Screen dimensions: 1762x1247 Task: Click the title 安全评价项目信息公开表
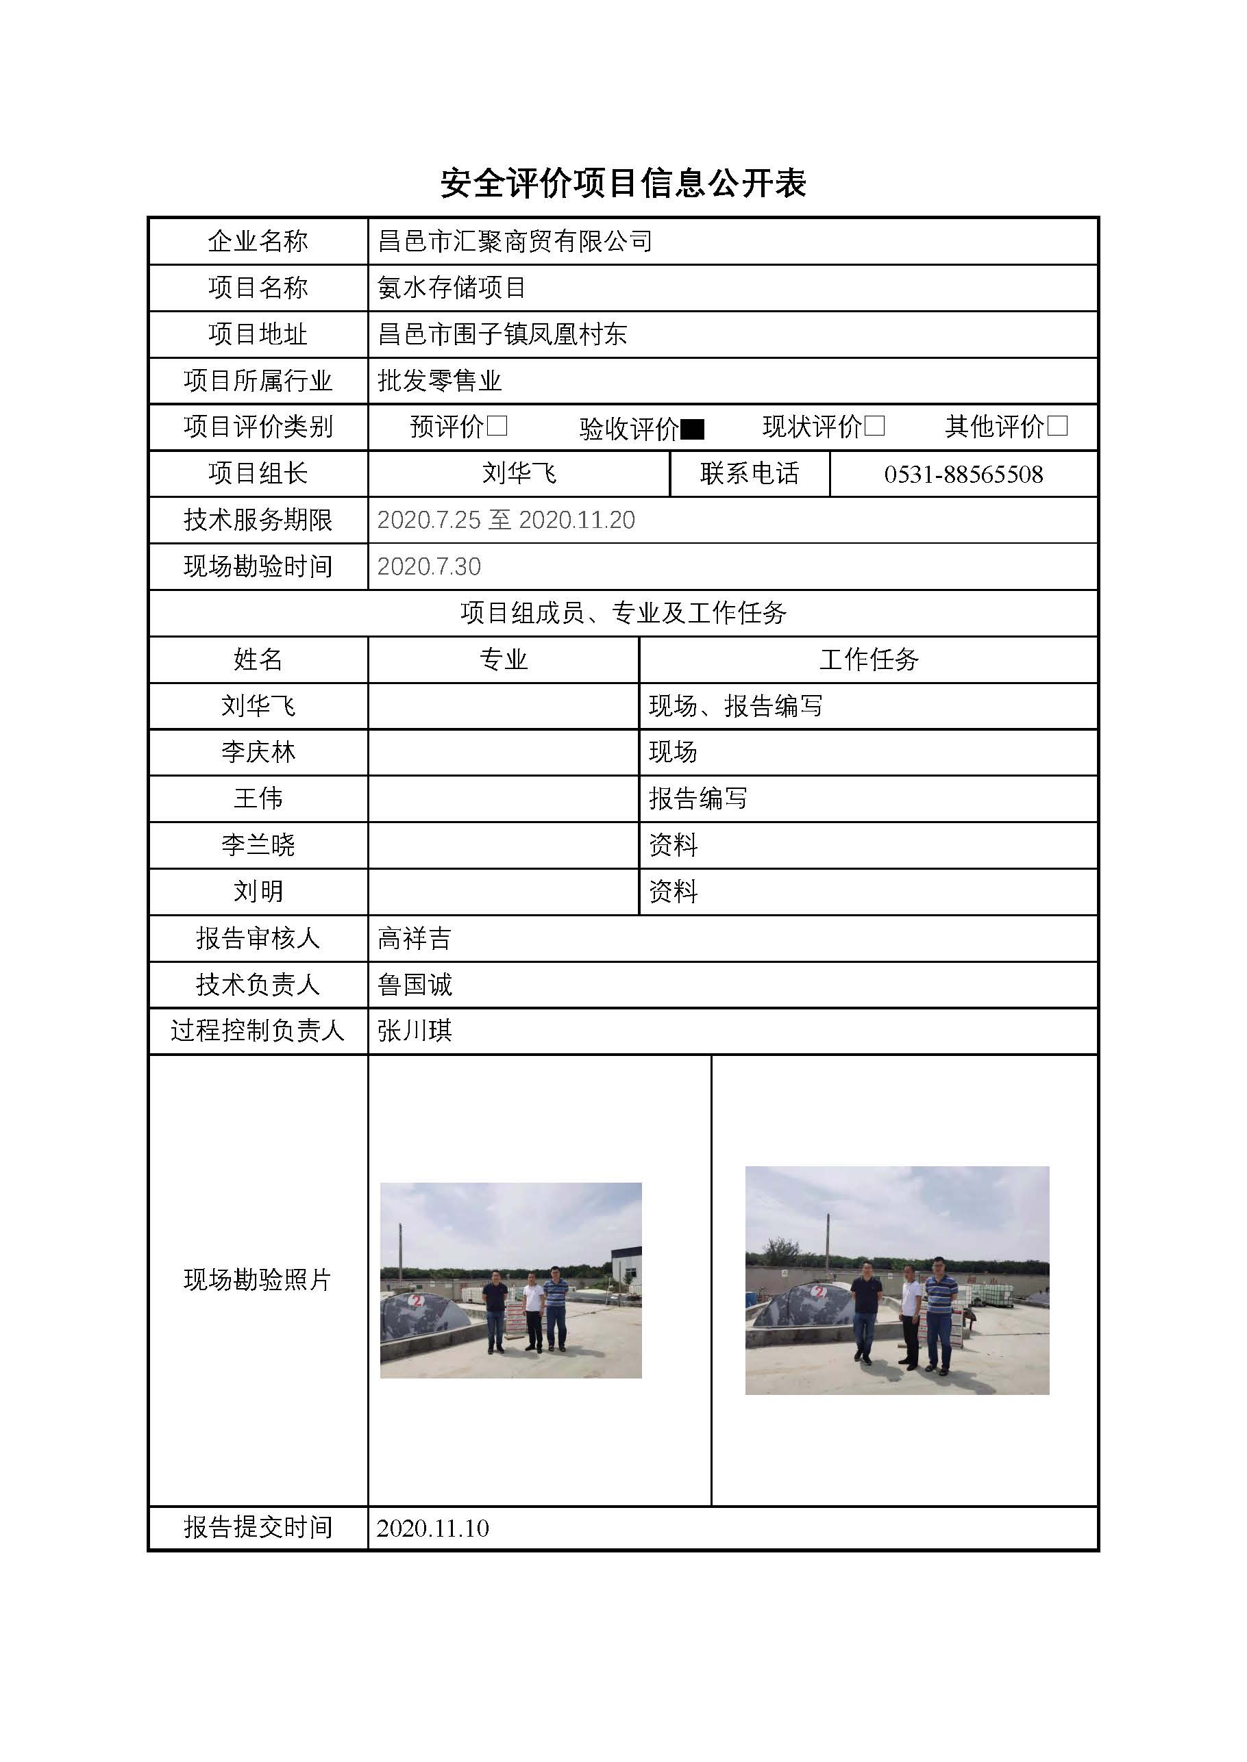coord(623,184)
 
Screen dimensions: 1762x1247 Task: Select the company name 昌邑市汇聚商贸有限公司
coord(515,242)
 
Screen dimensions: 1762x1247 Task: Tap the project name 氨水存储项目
coord(452,288)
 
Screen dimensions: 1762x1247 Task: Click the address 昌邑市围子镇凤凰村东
coord(503,333)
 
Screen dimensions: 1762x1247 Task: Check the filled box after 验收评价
coord(693,429)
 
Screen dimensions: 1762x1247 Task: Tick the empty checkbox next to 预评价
coord(497,426)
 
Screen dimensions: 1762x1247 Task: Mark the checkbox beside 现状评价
coord(874,426)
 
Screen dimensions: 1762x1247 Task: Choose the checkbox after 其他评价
coord(1057,426)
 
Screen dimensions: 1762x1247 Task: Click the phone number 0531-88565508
coord(963,475)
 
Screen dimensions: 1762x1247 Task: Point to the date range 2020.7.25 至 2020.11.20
coord(506,520)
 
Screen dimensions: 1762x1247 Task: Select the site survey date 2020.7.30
coord(429,566)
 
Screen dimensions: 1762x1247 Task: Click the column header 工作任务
coord(869,659)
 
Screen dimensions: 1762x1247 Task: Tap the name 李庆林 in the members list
coord(258,752)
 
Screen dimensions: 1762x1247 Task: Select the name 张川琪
coord(415,1031)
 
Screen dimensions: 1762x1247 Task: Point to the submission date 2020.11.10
coord(432,1528)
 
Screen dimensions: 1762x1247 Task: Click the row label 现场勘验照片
coord(258,1279)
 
